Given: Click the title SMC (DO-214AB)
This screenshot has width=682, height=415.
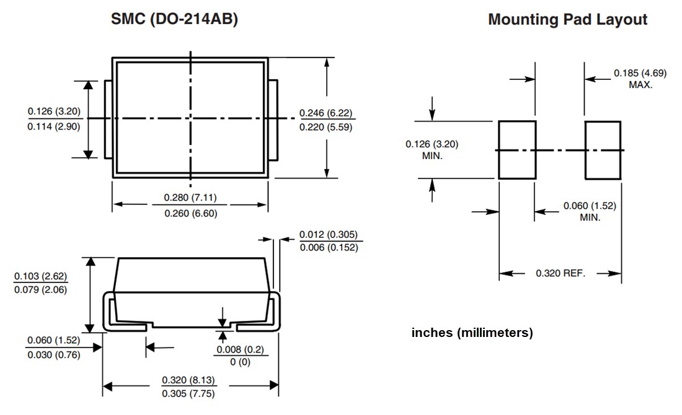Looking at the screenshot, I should coord(174,20).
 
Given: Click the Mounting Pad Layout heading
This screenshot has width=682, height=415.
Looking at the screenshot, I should coord(567,20).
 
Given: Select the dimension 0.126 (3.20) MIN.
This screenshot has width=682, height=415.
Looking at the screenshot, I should coord(432,150).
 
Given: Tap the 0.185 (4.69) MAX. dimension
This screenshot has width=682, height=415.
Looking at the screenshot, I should coord(640,79).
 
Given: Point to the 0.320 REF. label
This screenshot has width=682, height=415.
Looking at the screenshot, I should coord(560,273).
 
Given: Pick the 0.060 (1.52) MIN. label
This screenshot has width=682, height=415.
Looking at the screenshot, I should coord(590,212).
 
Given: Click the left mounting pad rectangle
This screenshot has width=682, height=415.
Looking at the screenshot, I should coord(517,151).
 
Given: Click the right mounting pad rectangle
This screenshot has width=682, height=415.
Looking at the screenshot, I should coord(603,151).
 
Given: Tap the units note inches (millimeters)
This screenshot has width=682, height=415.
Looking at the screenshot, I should coord(472,333).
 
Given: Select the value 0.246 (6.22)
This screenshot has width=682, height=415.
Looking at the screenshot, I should coord(325,113).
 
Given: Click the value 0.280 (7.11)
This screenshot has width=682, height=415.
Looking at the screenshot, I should coord(190,198).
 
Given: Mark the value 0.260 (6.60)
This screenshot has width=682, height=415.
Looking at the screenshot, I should coord(190,213).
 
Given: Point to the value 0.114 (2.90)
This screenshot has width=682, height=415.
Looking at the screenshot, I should coord(54,126).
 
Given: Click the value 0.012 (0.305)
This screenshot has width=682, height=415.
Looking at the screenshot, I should coord(328,235).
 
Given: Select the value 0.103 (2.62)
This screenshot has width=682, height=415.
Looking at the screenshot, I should coord(40,276).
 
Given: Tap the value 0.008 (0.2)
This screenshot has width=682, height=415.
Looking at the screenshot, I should coord(240,350).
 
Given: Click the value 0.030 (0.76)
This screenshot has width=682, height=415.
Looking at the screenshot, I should coord(53,355).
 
